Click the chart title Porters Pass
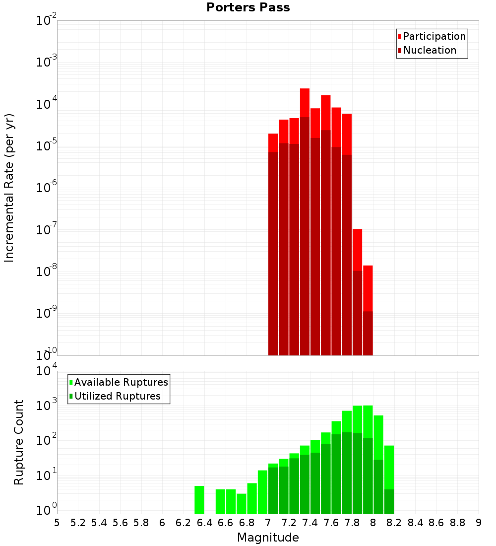point(248,7)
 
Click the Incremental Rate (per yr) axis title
point(9,188)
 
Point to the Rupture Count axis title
point(19,442)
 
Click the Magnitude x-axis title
point(268,538)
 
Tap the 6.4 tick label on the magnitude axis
point(204,523)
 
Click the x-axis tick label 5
point(57,523)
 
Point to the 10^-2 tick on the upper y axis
point(47,21)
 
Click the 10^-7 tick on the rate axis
point(47,230)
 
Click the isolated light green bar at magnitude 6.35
point(199,500)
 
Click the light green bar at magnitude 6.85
point(252,498)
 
